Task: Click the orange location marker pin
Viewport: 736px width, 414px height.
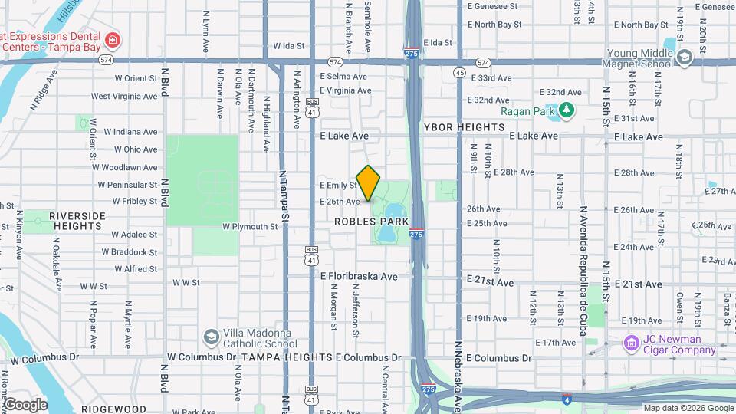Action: (369, 183)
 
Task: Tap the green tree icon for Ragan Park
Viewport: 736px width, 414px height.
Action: (567, 110)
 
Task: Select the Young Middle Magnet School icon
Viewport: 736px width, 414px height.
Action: (684, 57)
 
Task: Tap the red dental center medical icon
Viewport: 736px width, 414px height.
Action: (113, 40)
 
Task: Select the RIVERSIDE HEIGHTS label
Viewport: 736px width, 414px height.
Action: (77, 221)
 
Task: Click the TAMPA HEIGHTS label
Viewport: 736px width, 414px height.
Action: (287, 358)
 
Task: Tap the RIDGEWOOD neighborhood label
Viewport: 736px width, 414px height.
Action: (113, 409)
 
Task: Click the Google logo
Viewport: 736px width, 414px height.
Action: (25, 404)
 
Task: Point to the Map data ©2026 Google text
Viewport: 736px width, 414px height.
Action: (688, 408)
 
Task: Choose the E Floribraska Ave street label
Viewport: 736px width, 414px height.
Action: (359, 276)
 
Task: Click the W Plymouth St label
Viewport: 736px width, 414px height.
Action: (250, 227)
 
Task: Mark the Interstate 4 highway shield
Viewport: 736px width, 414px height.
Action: (565, 399)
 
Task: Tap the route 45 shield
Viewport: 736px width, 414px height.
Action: (459, 72)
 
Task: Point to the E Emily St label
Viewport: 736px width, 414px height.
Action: (338, 185)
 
